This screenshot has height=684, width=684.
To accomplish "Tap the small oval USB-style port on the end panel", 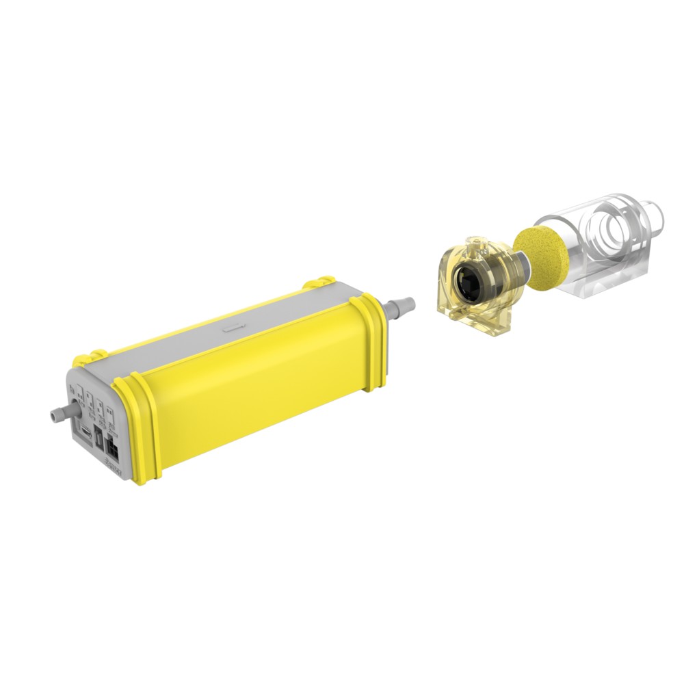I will (x=85, y=432).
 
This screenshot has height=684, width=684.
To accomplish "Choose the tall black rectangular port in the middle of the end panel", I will (x=98, y=437).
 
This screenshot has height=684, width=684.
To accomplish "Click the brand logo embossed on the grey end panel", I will (x=114, y=465).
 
